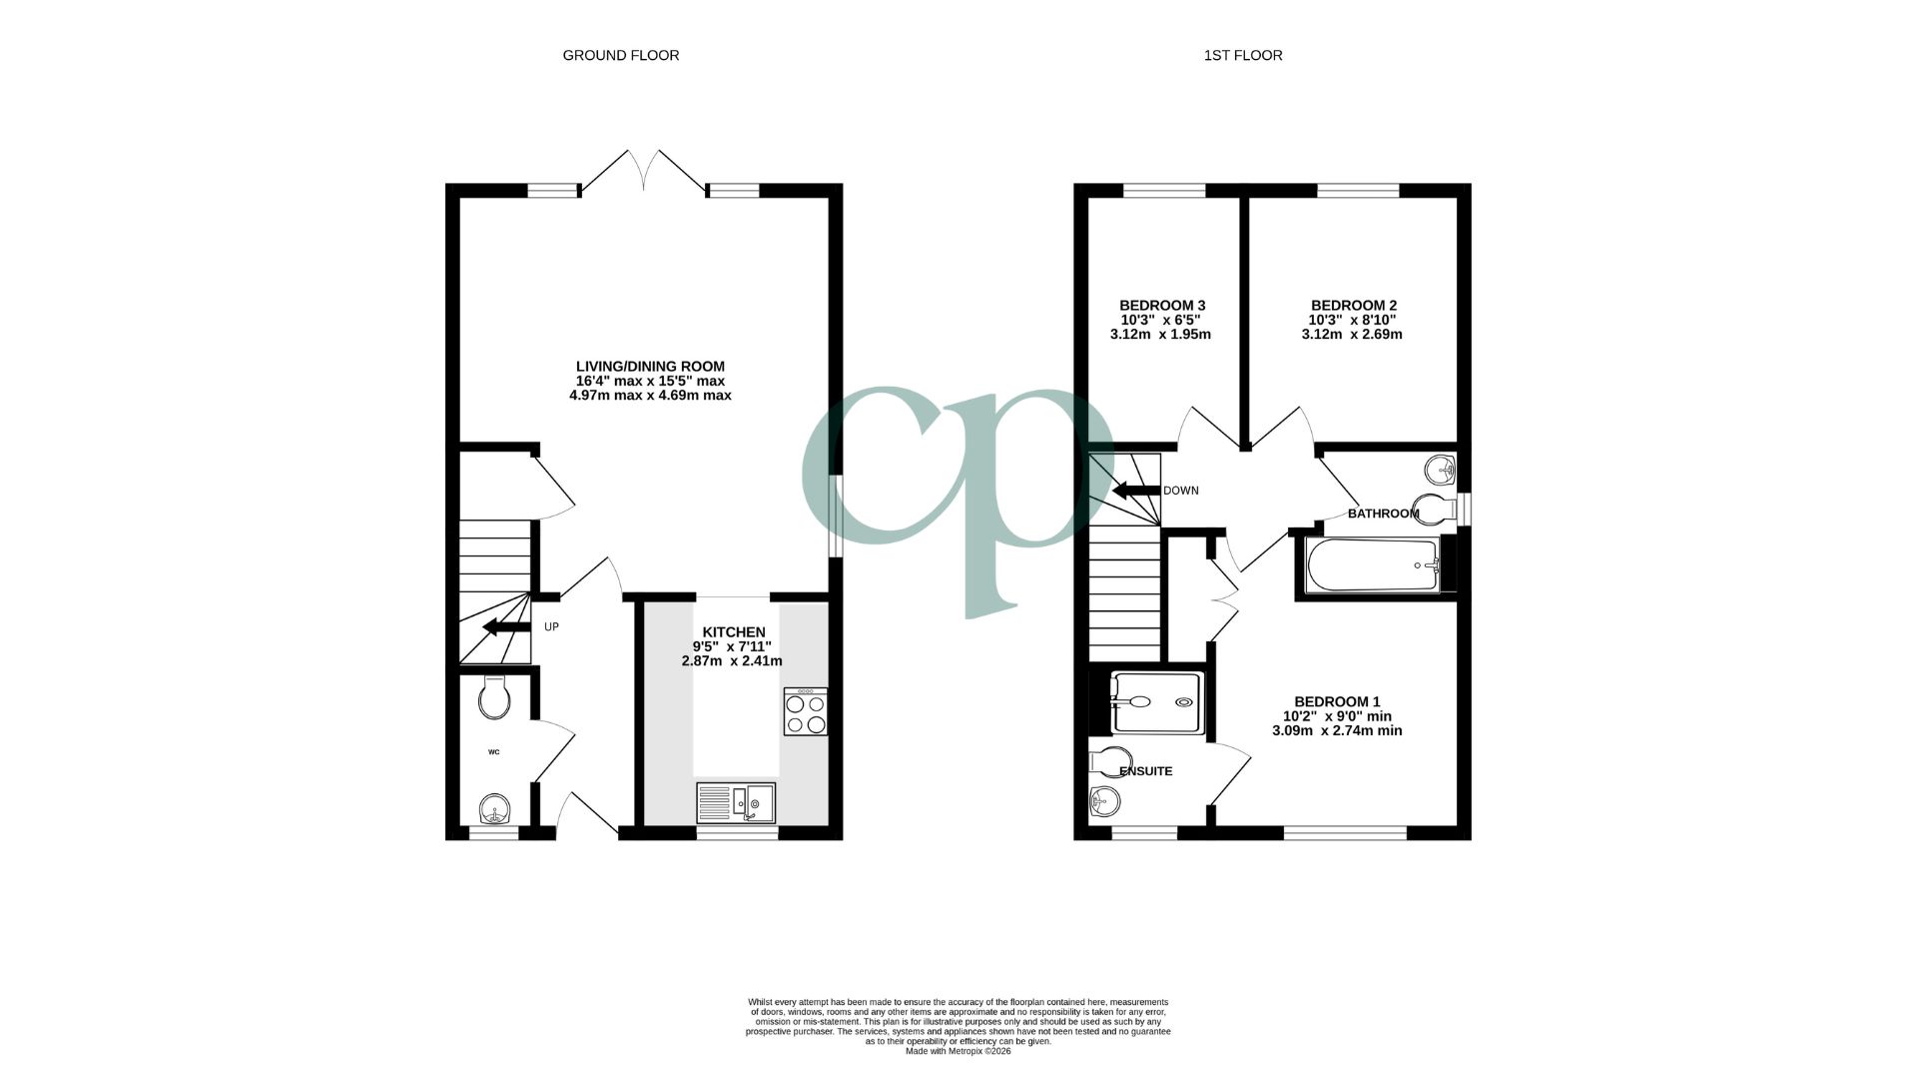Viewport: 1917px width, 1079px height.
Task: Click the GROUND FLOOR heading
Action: click(620, 56)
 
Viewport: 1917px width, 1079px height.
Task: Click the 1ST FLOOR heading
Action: click(1242, 56)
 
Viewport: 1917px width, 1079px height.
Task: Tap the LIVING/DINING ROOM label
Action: click(650, 367)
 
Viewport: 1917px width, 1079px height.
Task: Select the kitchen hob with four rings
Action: click(806, 712)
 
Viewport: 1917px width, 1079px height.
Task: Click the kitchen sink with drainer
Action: click(736, 802)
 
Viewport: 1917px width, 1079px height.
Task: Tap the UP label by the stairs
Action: click(551, 627)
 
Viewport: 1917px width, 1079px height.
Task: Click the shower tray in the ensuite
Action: click(1156, 701)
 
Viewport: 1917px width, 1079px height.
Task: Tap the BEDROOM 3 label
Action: click(1161, 306)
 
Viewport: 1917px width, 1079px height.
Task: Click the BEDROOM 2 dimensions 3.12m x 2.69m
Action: click(1352, 335)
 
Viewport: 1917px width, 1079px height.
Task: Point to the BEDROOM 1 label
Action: click(1337, 701)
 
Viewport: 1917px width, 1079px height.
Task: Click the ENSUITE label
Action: click(1145, 771)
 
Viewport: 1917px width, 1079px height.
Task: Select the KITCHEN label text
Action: click(734, 632)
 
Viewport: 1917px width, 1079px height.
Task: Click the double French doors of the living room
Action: click(644, 172)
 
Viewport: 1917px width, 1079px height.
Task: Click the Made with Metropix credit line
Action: click(957, 1051)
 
